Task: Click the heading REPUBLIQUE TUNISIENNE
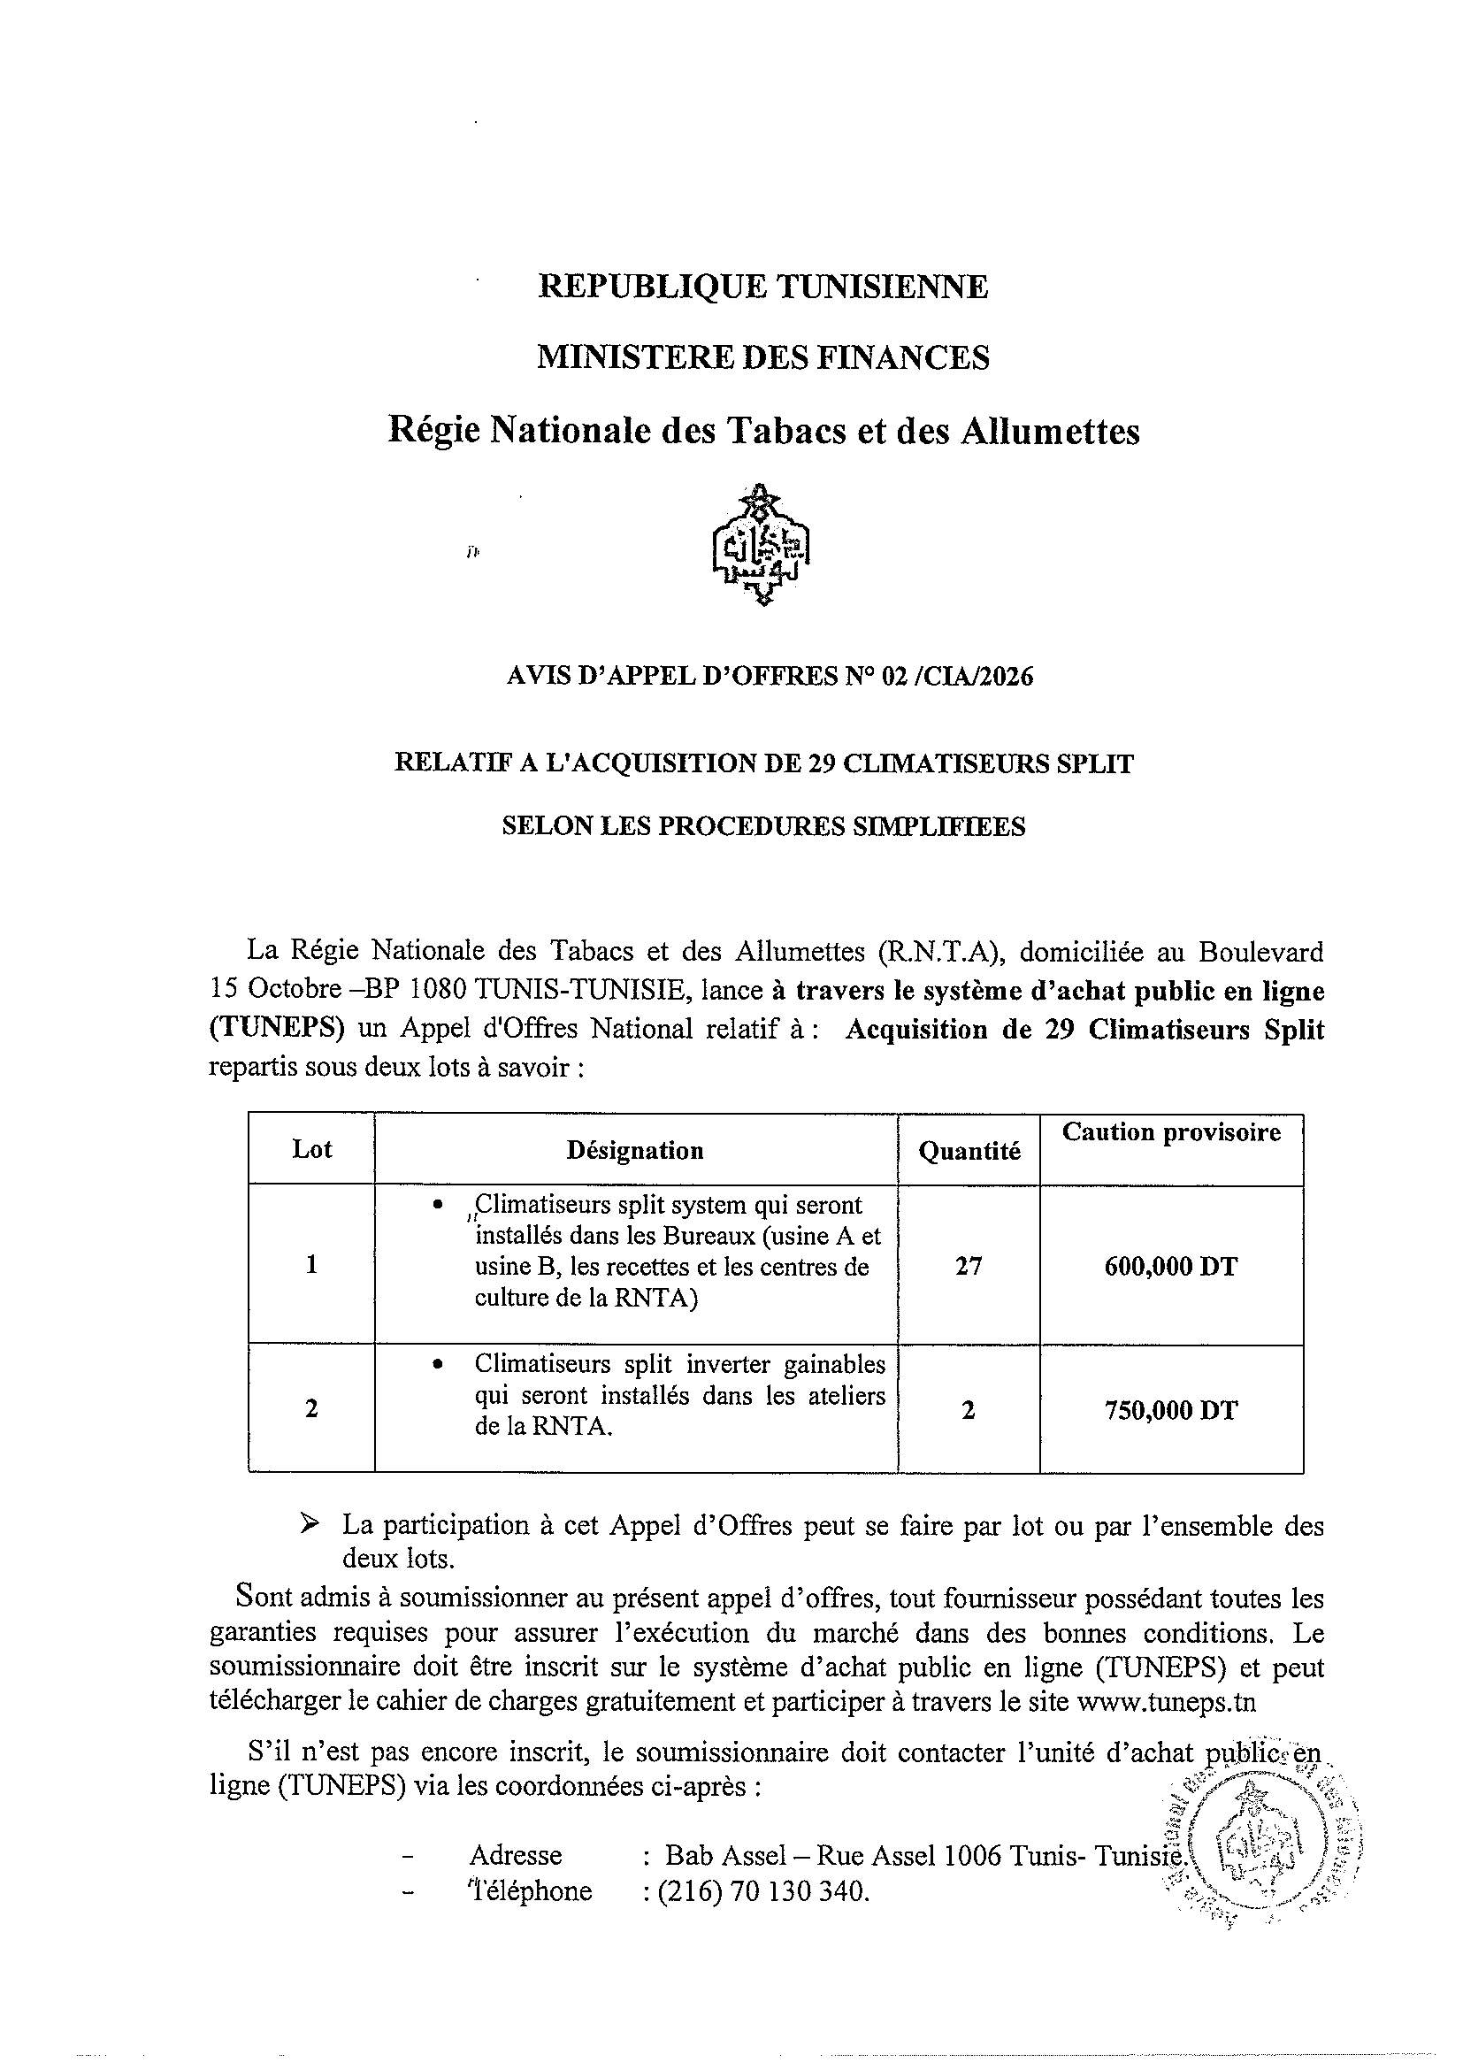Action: tap(762, 287)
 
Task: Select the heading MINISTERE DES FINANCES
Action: tap(762, 358)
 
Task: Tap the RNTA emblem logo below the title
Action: tap(762, 546)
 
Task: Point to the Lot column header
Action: tap(312, 1149)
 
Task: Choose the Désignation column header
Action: tap(634, 1150)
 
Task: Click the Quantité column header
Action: tap(969, 1151)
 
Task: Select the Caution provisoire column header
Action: tap(1171, 1132)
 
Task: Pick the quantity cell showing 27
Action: tap(969, 1267)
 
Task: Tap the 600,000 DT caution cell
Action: tap(1171, 1267)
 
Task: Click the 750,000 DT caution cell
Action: tap(1171, 1410)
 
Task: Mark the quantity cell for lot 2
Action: tap(969, 1410)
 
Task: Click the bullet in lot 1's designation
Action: tap(438, 1206)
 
